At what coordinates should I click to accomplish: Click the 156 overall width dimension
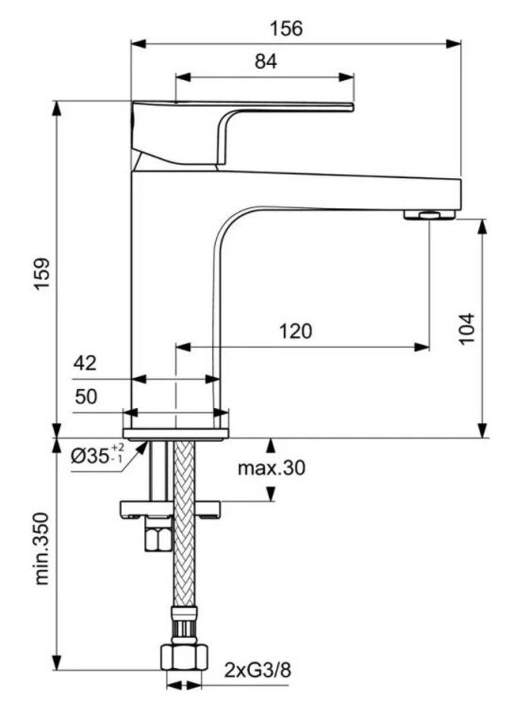point(286,28)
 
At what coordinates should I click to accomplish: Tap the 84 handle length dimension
point(265,62)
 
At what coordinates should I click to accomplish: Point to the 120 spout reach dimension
point(296,331)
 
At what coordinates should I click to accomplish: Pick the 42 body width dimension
point(85,363)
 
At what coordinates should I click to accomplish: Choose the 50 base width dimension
point(85,396)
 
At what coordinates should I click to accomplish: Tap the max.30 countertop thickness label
point(271,468)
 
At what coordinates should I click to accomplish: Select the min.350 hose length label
point(43,549)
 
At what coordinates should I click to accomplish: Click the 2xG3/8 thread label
point(257,670)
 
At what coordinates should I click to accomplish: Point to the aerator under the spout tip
point(429,215)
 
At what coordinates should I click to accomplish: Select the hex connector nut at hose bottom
point(184,655)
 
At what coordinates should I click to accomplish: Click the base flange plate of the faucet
point(176,434)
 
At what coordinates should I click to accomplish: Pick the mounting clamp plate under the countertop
point(170,508)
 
